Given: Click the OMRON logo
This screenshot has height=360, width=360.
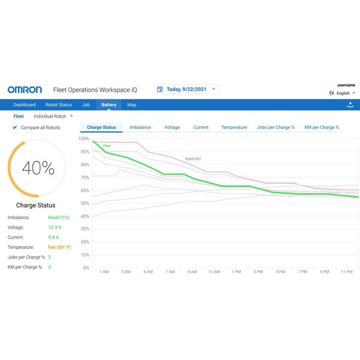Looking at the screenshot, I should point(25,89).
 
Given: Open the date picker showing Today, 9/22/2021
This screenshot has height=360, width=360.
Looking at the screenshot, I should point(187,89).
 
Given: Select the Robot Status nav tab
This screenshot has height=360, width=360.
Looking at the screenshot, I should point(59,105).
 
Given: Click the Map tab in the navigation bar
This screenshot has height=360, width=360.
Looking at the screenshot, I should point(131,105).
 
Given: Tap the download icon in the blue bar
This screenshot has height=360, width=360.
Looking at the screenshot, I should point(350,104).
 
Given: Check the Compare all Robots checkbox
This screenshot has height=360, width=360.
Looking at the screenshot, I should point(15,127).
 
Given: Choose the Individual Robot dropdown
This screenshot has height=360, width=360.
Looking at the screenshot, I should point(53,116).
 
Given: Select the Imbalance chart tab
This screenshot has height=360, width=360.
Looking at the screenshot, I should point(140,127).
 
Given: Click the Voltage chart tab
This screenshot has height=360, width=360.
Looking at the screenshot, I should point(172,127).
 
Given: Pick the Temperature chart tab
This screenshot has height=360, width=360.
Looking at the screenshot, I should point(234,127).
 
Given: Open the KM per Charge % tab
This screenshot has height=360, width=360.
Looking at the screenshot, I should point(322,127).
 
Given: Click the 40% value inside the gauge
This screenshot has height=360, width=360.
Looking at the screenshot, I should point(38,169).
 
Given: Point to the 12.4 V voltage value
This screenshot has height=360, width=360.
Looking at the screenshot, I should point(55,227).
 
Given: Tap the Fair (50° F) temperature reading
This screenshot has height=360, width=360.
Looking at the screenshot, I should point(59,247).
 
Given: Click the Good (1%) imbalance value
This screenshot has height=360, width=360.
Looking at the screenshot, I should point(59,217).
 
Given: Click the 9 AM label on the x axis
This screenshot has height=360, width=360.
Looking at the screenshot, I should point(192,272).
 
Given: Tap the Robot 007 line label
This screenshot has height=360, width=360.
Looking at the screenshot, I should point(193,158).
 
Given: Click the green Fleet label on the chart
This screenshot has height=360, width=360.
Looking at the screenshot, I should point(107,146).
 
